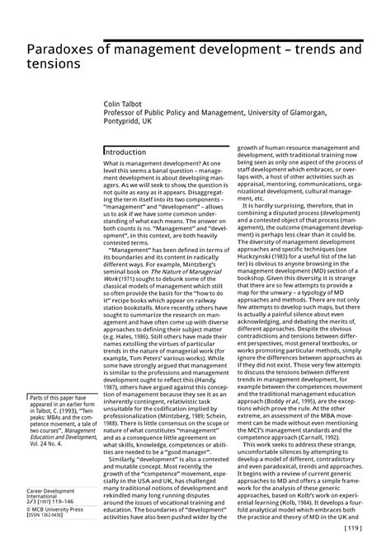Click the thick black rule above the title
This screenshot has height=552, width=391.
click(x=195, y=40)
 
